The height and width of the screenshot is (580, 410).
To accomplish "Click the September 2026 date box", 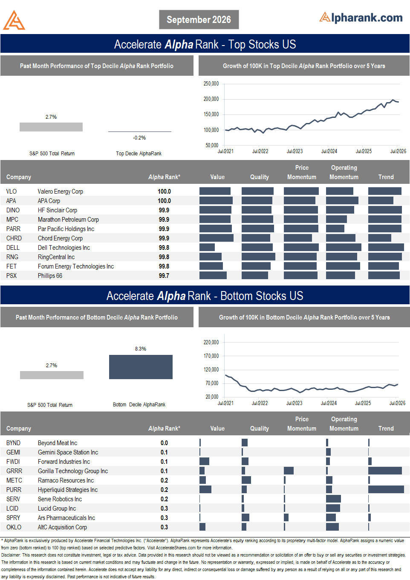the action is click(199, 20).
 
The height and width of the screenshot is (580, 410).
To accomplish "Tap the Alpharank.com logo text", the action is click(361, 17).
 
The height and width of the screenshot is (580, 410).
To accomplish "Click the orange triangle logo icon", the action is click(14, 20).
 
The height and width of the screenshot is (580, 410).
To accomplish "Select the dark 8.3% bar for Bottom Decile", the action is click(141, 367).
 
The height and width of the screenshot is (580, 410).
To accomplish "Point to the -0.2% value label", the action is click(139, 138).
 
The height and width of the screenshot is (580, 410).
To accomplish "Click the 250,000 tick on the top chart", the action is click(211, 84).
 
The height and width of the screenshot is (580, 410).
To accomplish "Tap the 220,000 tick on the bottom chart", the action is click(211, 342).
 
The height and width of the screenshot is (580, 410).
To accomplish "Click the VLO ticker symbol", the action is click(12, 191).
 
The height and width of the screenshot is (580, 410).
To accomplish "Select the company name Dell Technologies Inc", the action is click(64, 248).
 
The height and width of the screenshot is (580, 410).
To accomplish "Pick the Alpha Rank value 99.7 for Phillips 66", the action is click(164, 276).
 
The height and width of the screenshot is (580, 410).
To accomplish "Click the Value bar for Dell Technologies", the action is click(207, 247).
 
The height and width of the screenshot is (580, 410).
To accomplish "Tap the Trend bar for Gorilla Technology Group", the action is click(385, 471).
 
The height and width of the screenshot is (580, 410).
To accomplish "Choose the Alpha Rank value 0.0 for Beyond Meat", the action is click(164, 443).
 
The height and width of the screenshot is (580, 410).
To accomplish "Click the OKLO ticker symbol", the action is click(14, 527).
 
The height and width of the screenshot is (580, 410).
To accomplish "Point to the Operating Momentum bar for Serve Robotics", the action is click(333, 499).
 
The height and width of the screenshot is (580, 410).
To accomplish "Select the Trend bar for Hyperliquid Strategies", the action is click(386, 489).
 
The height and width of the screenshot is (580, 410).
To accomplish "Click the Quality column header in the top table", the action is click(259, 177).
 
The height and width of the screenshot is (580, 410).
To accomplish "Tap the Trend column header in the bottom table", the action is click(386, 429).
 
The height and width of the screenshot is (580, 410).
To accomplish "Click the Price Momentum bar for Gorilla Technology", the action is click(289, 471).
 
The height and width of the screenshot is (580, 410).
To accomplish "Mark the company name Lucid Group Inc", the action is click(57, 508).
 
